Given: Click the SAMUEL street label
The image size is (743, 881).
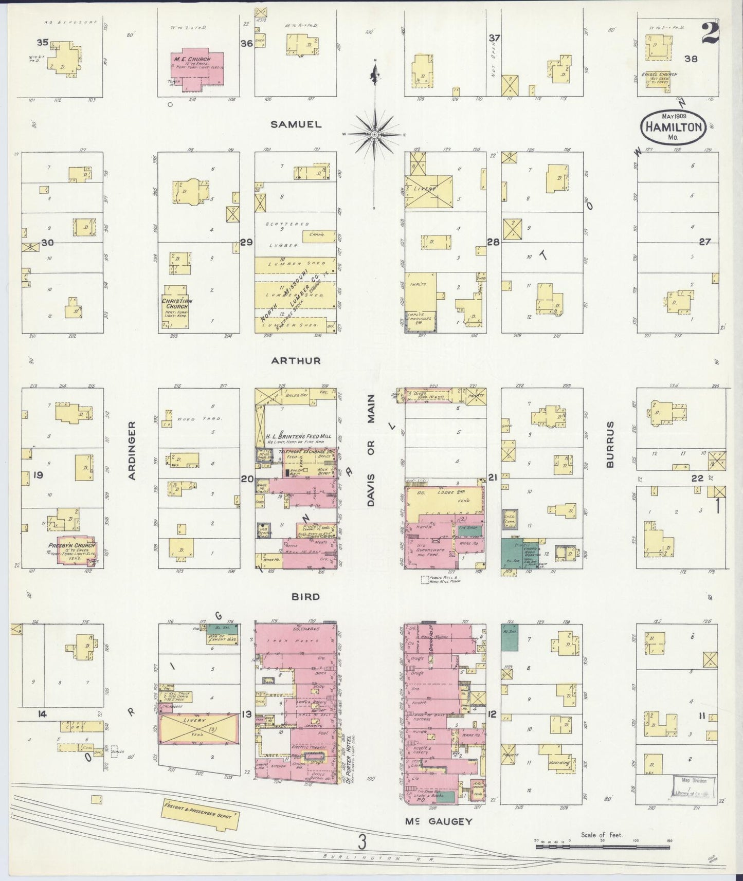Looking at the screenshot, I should tap(296, 124).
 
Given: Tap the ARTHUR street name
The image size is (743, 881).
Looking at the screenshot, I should tap(296, 361).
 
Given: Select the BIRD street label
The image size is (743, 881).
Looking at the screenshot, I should tap(305, 597).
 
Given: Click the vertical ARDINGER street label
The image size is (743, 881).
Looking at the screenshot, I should tap(132, 451).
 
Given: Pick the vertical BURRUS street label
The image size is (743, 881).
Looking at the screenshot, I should tap(610, 445).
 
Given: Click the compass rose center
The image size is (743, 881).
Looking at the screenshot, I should tap(375, 134).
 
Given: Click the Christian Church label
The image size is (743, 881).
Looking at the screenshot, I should tap(177, 304).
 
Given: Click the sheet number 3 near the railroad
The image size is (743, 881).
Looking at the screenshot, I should tap(363, 842).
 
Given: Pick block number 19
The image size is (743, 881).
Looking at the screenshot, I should tap(38, 474).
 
